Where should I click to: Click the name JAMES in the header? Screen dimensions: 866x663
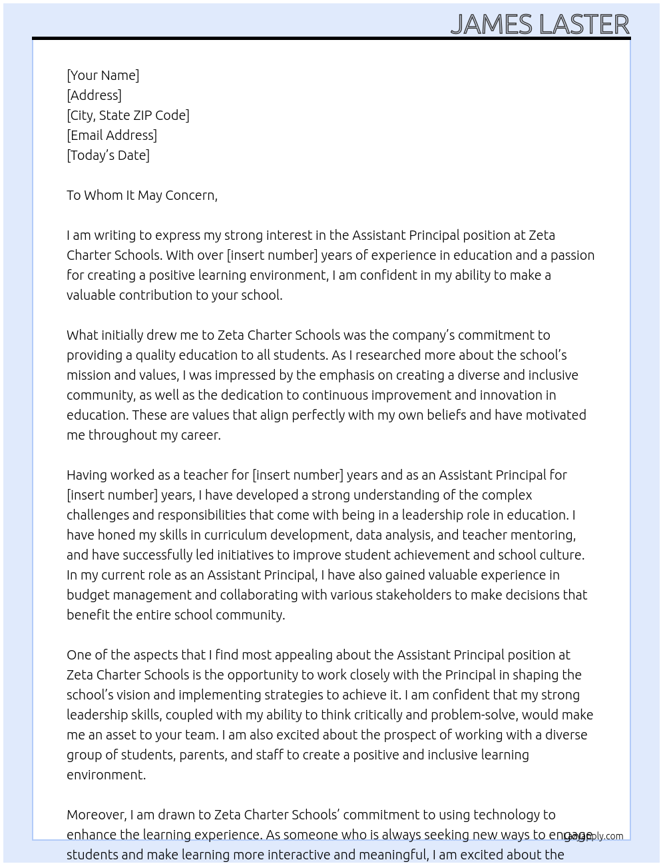[491, 25]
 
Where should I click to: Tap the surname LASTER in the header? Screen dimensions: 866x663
[584, 25]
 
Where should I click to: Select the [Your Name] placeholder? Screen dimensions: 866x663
[103, 75]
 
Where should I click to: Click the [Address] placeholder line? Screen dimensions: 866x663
[94, 95]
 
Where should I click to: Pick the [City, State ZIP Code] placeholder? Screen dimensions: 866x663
[128, 115]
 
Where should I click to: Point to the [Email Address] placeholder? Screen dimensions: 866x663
[112, 135]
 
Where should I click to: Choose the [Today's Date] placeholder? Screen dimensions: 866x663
[108, 155]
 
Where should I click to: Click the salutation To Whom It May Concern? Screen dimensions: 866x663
[142, 195]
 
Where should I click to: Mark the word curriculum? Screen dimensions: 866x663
[236, 535]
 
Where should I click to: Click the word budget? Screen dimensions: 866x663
[87, 595]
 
